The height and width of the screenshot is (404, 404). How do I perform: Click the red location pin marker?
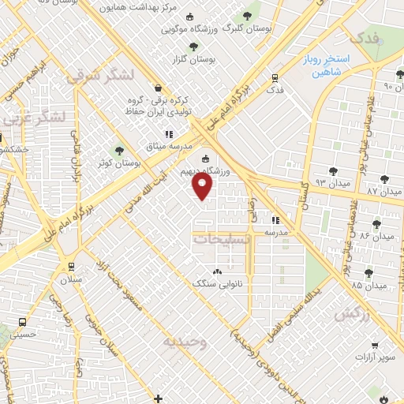[x=203, y=186]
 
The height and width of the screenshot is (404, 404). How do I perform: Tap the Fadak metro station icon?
[x=275, y=78]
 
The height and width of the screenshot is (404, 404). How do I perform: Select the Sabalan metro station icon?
[x=72, y=265]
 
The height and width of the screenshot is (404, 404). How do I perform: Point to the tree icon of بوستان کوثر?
[x=120, y=150]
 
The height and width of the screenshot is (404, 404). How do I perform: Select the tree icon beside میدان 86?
[x=377, y=223]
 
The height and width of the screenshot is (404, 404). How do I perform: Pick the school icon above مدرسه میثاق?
[x=168, y=134]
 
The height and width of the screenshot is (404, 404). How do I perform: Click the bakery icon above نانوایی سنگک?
[x=217, y=272]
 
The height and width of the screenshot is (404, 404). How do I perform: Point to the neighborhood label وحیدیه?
[x=185, y=342]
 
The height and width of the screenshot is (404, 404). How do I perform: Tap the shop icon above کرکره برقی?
[x=160, y=88]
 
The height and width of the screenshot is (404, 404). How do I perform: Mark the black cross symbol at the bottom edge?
[x=159, y=398]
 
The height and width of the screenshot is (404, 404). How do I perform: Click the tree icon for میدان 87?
[x=383, y=180]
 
